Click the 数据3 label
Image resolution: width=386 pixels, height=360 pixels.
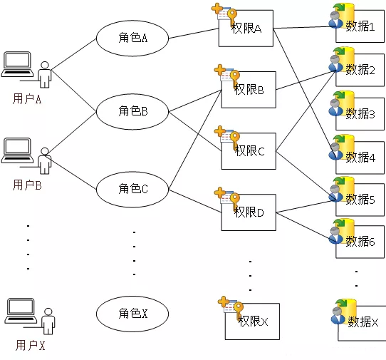360,114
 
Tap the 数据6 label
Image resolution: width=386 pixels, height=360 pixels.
360,241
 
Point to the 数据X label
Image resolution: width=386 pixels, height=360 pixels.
363,322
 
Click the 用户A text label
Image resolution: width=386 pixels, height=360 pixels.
27,99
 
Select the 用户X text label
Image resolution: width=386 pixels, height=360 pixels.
31,345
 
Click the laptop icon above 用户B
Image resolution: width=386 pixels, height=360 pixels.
17,150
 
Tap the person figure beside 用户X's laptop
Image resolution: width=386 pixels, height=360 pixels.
48,322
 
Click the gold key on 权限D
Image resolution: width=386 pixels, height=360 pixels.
234,201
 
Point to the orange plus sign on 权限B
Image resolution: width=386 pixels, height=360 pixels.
220,70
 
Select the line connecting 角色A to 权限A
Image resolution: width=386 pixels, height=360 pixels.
194,34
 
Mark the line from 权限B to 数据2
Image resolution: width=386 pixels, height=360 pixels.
306,81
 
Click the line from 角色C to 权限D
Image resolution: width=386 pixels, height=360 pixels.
195,201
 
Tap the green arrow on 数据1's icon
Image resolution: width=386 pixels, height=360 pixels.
339,7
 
